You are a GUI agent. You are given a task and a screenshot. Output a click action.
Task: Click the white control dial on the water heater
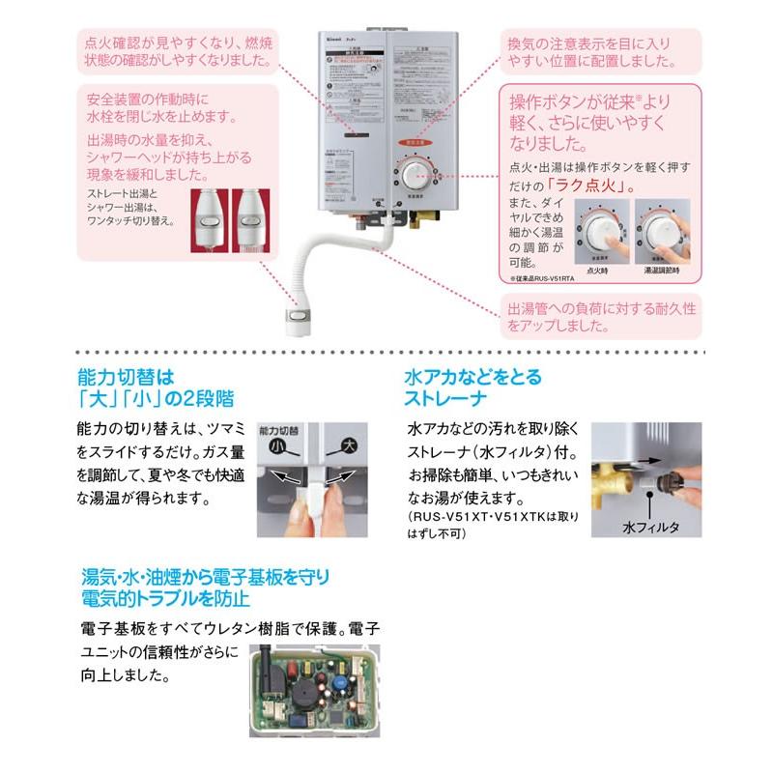[415, 175]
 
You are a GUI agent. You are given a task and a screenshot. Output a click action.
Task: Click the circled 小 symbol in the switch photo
[276, 446]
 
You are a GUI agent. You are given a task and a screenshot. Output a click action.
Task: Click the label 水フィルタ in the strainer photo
[650, 529]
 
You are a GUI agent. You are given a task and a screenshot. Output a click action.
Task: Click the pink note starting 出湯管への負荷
[600, 317]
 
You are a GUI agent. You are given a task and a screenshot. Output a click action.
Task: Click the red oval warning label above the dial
[415, 143]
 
